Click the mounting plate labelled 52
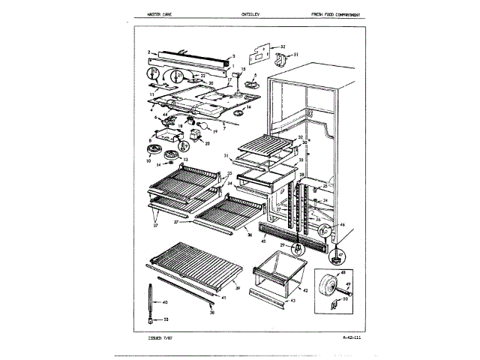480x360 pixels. coord(258,54)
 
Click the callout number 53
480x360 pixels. coord(165,318)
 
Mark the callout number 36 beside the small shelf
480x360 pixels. coord(250,235)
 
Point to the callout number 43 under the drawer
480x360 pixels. coord(293,300)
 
